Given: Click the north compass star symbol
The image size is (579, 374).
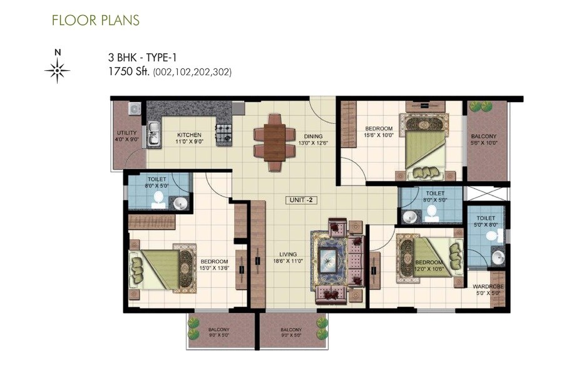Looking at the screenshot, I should coord(58,70).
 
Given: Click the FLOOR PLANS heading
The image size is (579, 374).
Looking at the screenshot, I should coord(96,20).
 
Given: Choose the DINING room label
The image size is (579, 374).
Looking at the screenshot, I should coord(313,139).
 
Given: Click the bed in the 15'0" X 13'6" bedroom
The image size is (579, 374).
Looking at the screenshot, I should coord(162,270).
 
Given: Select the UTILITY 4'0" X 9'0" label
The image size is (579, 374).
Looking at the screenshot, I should coord(126,136).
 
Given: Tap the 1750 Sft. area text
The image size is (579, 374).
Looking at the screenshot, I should coord(130,72).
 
